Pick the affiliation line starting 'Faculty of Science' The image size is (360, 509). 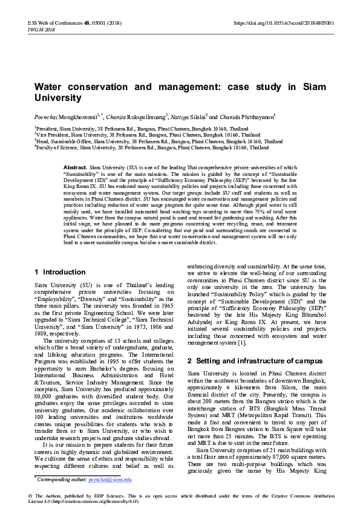point(152,147)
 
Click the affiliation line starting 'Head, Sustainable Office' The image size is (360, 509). point(159,141)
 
